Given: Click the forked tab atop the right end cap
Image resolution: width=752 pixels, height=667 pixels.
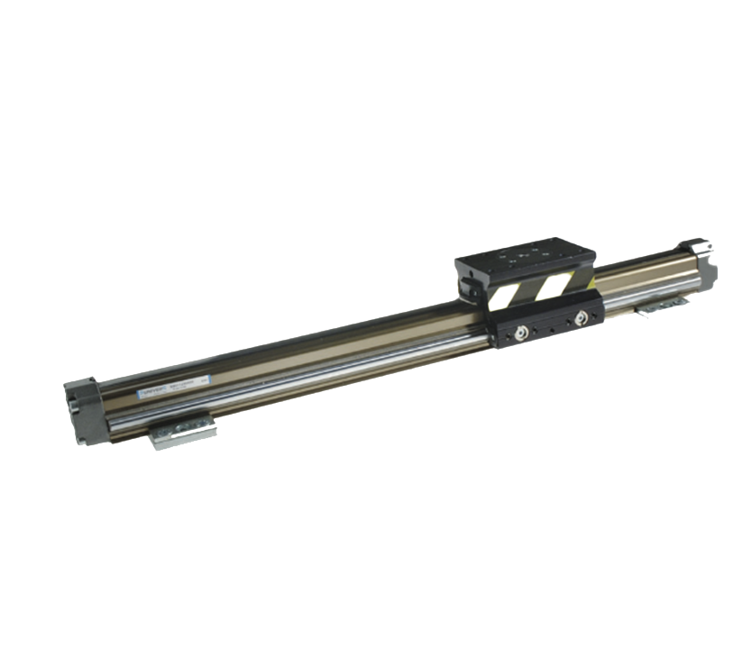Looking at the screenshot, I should (697, 244).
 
